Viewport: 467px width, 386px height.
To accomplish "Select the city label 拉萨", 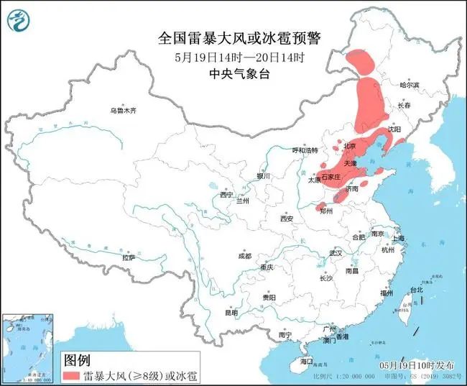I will (x=129, y=257).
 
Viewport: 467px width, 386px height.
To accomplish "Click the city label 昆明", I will (x=231, y=313).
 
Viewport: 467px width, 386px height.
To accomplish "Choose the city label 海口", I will (x=307, y=361).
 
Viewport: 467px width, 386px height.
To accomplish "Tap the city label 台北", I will (x=417, y=290).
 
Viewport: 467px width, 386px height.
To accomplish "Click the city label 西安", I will (x=287, y=218).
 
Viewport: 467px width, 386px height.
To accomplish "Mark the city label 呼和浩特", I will (x=304, y=150).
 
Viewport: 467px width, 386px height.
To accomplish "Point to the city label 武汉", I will (x=336, y=253).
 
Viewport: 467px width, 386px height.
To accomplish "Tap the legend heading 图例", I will (x=77, y=359).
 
